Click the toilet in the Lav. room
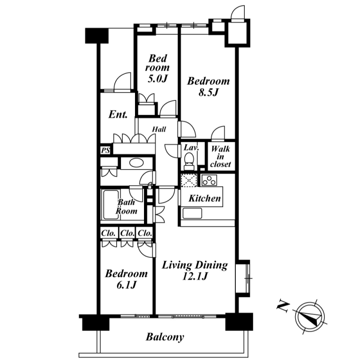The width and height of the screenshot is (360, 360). (189, 161)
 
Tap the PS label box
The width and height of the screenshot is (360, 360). (105, 150)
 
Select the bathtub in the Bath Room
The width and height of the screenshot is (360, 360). (111, 205)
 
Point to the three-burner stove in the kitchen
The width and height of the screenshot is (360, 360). (209, 180)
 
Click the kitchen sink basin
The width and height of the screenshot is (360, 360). (192, 213)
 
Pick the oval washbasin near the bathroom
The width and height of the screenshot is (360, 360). (136, 163)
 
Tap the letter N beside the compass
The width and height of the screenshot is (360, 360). (283, 306)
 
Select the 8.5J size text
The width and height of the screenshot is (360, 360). (208, 93)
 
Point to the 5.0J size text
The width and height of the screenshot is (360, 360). (157, 78)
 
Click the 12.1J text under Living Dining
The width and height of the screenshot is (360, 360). (195, 276)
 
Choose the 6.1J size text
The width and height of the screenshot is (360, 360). (126, 285)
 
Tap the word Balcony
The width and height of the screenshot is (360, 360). (165, 337)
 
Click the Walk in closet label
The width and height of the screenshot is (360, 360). (220, 157)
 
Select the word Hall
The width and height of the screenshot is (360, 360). (159, 129)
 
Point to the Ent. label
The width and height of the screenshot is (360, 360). (118, 114)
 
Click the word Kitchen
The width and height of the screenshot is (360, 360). (205, 198)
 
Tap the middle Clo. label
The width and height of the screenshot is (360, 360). (127, 233)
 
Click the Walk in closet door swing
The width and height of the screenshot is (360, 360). (218, 133)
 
